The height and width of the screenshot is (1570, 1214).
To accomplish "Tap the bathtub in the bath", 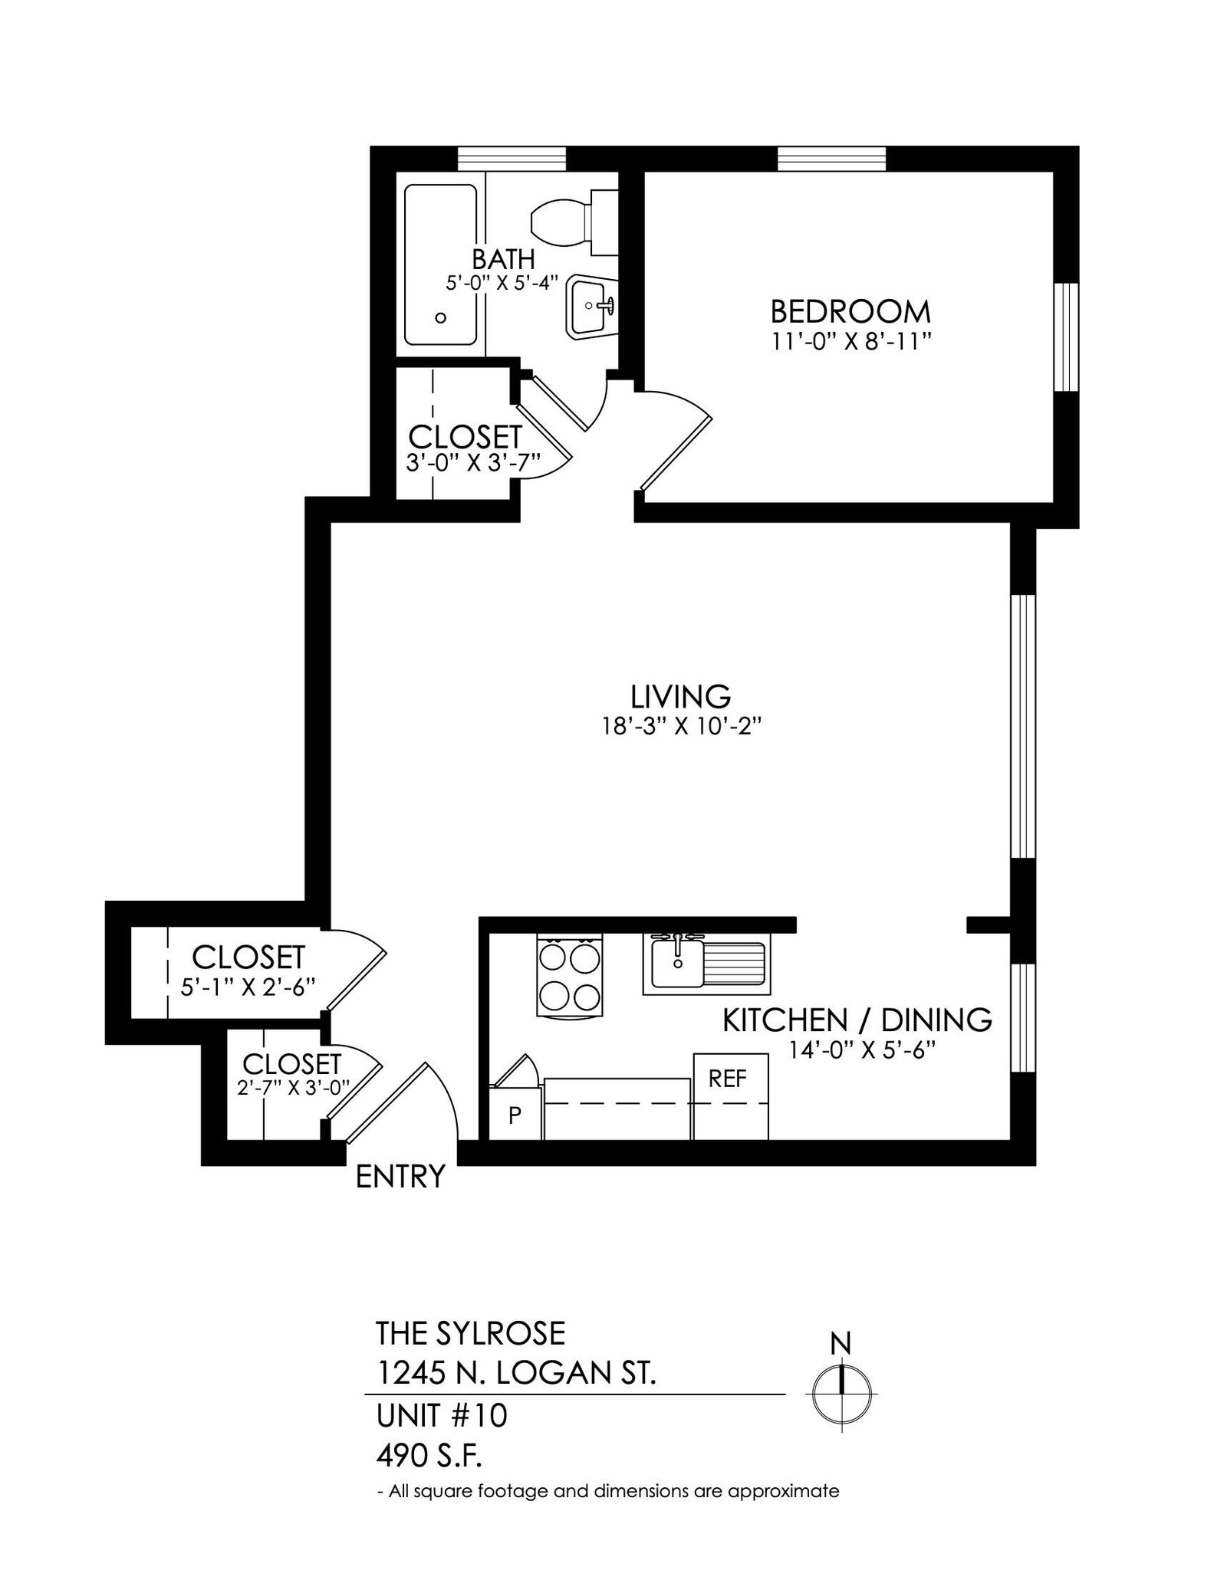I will tap(440, 264).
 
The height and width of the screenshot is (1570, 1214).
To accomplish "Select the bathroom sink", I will tap(591, 307).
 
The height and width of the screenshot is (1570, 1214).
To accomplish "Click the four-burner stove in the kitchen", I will tap(570, 976).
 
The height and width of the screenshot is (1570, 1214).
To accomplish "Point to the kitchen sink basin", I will tap(676, 964).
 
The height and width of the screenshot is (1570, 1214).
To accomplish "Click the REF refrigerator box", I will tap(729, 1096).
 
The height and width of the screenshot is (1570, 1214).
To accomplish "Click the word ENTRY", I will tap(400, 1176).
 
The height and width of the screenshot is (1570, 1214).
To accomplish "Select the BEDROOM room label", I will tap(850, 312).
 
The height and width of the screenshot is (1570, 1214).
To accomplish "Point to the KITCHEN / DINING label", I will tap(857, 1020).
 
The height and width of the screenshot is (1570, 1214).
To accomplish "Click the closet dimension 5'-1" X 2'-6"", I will tap(248, 987).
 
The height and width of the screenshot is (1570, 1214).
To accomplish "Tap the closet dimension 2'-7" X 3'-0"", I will tap(293, 1088).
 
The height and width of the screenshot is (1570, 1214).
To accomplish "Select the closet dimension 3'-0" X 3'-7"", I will tap(473, 463).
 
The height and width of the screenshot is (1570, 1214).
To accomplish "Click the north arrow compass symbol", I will tap(841, 1393).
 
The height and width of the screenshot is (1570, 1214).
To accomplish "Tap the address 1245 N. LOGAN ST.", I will tap(516, 1373).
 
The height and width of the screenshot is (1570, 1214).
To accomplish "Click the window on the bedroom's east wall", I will tap(1066, 337).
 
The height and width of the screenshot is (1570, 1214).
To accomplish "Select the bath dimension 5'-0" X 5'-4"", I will tap(502, 282).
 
